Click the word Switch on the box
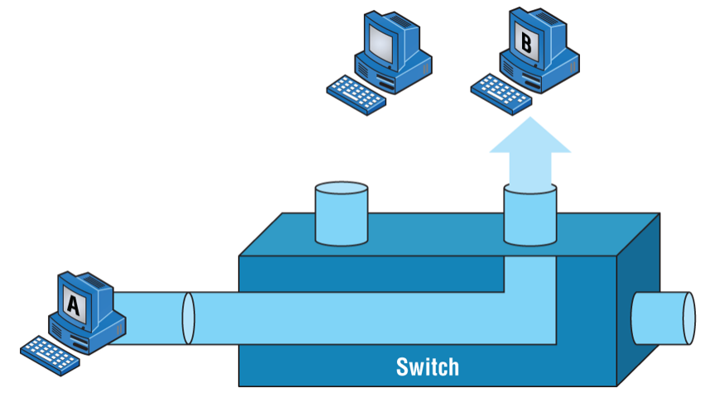(x=427, y=366)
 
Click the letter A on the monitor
(x=72, y=305)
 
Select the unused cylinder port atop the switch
(x=342, y=213)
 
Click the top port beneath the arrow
(x=529, y=216)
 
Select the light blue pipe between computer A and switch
(x=149, y=317)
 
